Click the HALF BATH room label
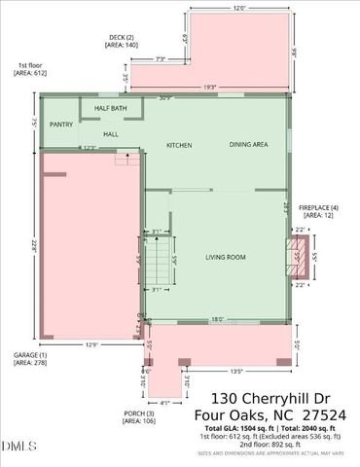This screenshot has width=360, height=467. point(111,108)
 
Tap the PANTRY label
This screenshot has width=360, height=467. point(61,125)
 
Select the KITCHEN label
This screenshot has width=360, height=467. point(178,146)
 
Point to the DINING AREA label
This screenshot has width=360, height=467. point(249,145)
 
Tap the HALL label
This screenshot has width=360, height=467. point(111,134)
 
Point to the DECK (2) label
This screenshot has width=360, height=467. point(122,40)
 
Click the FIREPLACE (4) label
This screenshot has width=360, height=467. point(319,209)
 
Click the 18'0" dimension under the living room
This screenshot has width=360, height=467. point(218,318)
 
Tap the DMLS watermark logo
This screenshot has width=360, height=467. point(18,447)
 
